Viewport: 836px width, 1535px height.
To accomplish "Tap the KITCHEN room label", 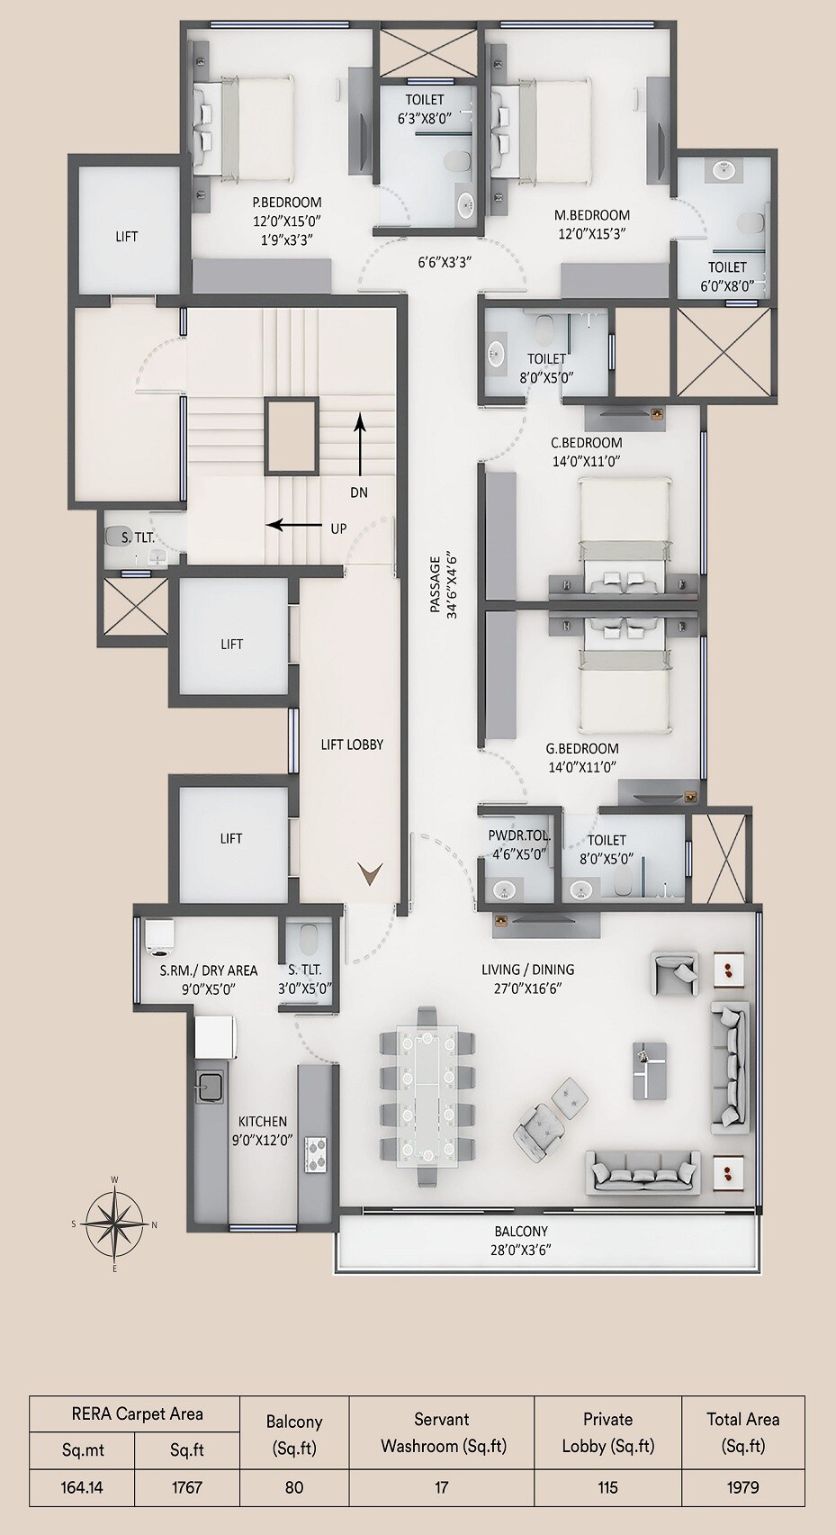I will click(263, 1122).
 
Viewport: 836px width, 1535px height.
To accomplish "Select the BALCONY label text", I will click(520, 1232).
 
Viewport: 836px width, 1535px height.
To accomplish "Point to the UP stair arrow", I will click(294, 524).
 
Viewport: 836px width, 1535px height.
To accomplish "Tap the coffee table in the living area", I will click(651, 1070).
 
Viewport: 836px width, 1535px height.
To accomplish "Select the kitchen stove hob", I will click(315, 1154).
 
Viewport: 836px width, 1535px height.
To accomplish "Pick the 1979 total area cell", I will click(742, 1487).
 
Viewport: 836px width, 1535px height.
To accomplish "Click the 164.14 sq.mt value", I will click(81, 1487).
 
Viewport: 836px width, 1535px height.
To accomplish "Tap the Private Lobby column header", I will click(607, 1432).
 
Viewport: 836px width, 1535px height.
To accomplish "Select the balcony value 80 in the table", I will click(293, 1487).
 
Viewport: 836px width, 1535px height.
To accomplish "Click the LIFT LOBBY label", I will click(352, 745).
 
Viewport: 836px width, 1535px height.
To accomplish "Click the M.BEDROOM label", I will click(591, 215).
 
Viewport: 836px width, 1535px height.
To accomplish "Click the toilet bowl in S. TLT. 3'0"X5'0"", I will click(309, 939).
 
